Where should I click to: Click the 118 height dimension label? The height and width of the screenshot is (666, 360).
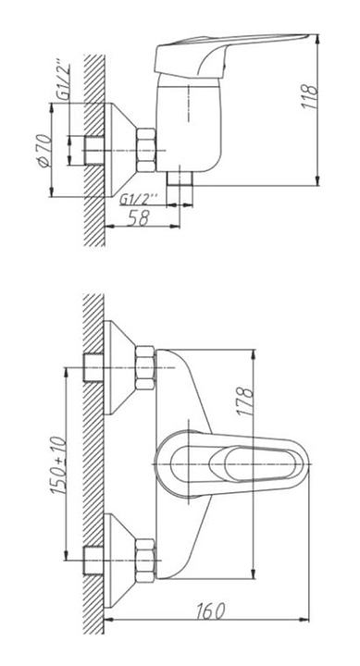tap(310, 97)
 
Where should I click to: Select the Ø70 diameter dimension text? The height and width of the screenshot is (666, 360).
tap(44, 151)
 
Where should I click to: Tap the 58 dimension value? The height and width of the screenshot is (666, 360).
tap(139, 218)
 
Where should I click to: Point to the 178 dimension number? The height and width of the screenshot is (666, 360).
tap(246, 401)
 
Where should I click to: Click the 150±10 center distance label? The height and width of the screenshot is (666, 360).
tap(59, 465)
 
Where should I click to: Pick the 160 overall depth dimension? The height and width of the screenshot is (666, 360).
tap(211, 610)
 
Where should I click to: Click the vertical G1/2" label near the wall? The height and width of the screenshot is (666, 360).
tap(64, 82)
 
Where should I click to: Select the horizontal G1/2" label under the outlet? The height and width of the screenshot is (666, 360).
tap(139, 198)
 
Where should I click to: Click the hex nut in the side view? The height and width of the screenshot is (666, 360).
tap(146, 150)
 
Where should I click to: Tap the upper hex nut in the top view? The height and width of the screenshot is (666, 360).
tap(145, 368)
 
